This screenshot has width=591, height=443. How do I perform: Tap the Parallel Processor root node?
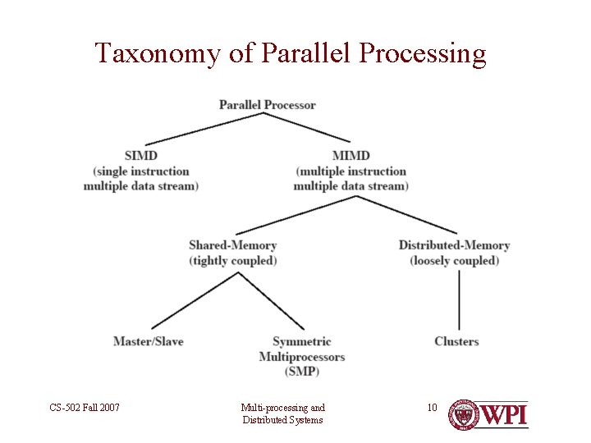coord(268,105)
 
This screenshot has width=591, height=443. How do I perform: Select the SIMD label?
coord(140,155)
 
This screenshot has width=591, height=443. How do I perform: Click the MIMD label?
coord(350,155)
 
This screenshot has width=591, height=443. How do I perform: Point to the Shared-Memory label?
coord(232,245)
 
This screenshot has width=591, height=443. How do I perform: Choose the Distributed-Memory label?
coord(454,245)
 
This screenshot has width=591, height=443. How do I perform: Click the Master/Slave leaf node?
coord(148,341)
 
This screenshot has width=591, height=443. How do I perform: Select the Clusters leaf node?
coord(456,341)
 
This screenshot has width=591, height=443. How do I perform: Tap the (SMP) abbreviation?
coord(301,372)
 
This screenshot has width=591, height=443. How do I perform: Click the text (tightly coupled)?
coord(232,261)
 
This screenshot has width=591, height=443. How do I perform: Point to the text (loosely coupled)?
coord(454,261)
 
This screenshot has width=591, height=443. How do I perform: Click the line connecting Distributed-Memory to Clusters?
coord(458,299)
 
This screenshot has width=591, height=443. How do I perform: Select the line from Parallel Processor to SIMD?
coord(205,130)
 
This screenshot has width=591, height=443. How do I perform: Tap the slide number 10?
coord(433,407)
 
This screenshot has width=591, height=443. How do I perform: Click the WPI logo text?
coord(504,415)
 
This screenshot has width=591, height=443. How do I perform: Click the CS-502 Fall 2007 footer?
coord(85,407)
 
